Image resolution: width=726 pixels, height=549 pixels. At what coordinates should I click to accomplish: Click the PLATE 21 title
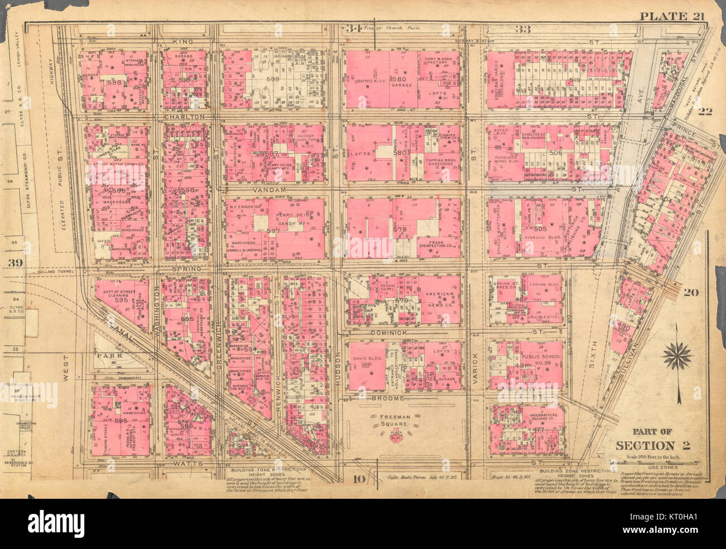pyautogui.click(x=671, y=16)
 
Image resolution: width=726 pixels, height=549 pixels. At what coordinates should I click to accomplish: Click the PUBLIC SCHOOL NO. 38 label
pyautogui.click(x=536, y=359)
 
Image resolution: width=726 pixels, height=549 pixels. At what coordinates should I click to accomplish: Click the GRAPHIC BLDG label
pyautogui.click(x=368, y=81)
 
